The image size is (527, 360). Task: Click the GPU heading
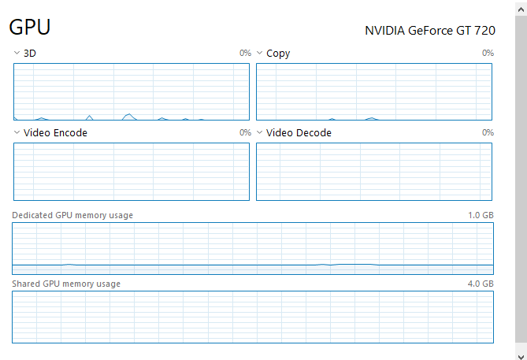pyautogui.click(x=30, y=28)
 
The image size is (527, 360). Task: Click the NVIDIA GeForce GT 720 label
pyautogui.click(x=429, y=31)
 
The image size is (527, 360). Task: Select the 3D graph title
pyautogui.click(x=30, y=54)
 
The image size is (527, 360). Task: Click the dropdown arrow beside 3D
pyautogui.click(x=17, y=54)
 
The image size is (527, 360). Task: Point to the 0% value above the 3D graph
pyautogui.click(x=245, y=54)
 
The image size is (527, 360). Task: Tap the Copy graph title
pyautogui.click(x=278, y=54)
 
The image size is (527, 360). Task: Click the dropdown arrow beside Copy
pyautogui.click(x=260, y=54)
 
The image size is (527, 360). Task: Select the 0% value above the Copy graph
pyautogui.click(x=488, y=54)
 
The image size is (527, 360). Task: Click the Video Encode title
pyautogui.click(x=55, y=133)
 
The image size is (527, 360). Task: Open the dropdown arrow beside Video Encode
pyautogui.click(x=17, y=133)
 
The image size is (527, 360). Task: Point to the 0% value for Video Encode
pyautogui.click(x=245, y=133)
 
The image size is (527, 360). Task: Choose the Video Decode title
pyautogui.click(x=299, y=133)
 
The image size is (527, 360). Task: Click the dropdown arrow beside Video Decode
pyautogui.click(x=260, y=133)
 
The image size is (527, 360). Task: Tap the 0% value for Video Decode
pyautogui.click(x=488, y=133)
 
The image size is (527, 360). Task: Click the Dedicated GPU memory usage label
pyautogui.click(x=72, y=215)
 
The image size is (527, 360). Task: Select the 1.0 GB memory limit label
pyautogui.click(x=481, y=215)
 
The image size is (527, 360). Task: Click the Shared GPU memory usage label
pyautogui.click(x=66, y=284)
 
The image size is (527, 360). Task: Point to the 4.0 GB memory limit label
pyautogui.click(x=481, y=284)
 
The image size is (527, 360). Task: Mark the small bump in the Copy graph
pyautogui.click(x=371, y=118)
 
